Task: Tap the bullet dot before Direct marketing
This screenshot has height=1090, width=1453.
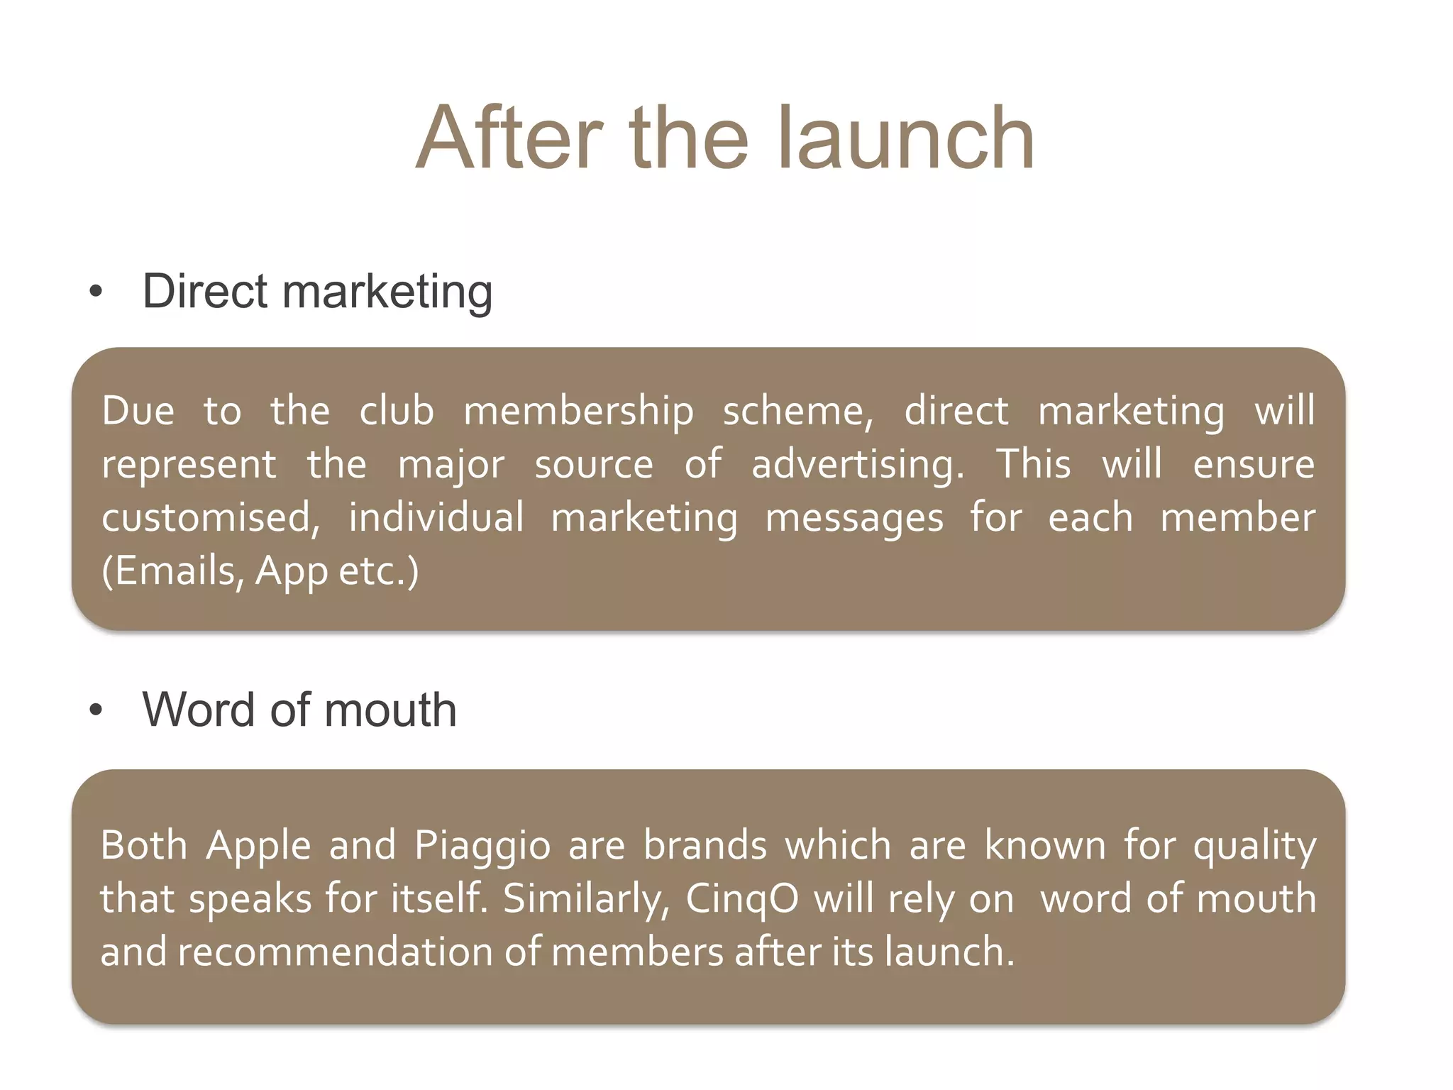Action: pyautogui.click(x=96, y=291)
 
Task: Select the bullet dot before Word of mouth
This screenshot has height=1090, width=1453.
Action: pyautogui.click(x=96, y=710)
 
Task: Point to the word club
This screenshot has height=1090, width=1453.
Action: pyautogui.click(x=396, y=412)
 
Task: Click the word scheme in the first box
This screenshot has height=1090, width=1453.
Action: pyautogui.click(x=797, y=412)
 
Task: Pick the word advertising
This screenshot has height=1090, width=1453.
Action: pyautogui.click(x=857, y=466)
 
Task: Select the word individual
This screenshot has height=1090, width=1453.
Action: pyautogui.click(x=436, y=518)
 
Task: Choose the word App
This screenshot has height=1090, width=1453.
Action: pyautogui.click(x=291, y=572)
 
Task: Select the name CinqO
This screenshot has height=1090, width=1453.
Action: pyautogui.click(x=742, y=900)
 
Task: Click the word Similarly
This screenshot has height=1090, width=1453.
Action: pyautogui.click(x=586, y=900)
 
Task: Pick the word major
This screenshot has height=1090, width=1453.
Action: pyautogui.click(x=451, y=466)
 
